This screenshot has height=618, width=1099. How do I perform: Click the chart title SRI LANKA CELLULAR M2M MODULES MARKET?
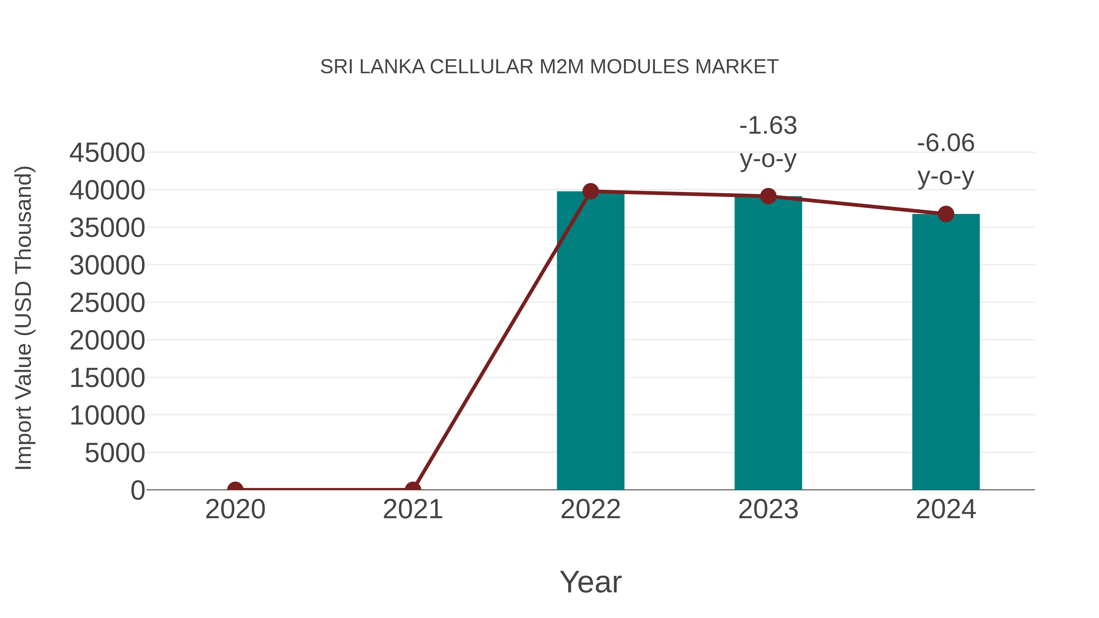pyautogui.click(x=549, y=67)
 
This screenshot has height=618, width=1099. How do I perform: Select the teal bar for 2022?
pyautogui.click(x=590, y=341)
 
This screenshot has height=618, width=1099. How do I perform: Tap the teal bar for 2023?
pyautogui.click(x=768, y=343)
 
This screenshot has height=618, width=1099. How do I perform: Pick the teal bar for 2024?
pyautogui.click(x=946, y=352)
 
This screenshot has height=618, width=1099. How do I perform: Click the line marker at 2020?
pyautogui.click(x=235, y=489)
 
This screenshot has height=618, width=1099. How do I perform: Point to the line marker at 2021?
pyautogui.click(x=412, y=489)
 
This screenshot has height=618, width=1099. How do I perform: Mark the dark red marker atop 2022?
pyautogui.click(x=590, y=191)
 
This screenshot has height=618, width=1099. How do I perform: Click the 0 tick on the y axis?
pyautogui.click(x=138, y=490)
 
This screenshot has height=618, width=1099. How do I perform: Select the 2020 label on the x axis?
pyautogui.click(x=235, y=509)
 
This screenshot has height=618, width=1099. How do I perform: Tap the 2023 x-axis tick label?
pyautogui.click(x=768, y=509)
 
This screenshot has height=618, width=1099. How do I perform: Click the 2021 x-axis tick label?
pyautogui.click(x=412, y=509)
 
